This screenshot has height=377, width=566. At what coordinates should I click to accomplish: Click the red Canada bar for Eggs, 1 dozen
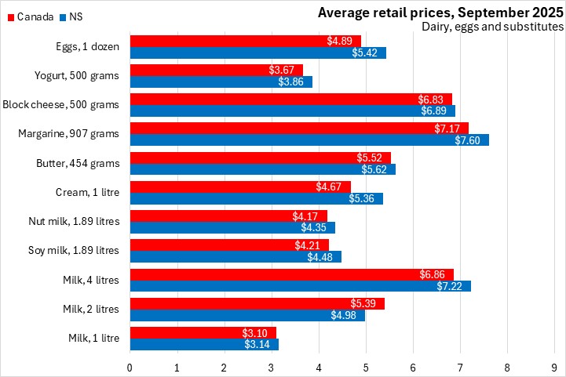[245, 41]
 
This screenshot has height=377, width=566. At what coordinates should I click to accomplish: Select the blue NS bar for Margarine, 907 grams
[309, 140]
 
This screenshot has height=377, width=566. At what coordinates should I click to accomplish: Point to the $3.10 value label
[260, 333]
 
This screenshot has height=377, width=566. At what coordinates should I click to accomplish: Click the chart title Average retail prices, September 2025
[440, 12]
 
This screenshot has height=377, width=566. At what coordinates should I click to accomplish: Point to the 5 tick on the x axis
[366, 367]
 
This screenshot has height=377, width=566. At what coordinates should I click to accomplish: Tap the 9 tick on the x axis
[555, 367]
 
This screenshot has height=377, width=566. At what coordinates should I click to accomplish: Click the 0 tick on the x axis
[130, 367]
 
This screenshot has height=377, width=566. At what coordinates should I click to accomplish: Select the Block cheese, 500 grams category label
[61, 104]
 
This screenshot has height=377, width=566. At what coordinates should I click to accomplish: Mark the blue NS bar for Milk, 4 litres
[300, 286]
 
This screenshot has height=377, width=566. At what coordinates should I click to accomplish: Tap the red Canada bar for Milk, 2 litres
[257, 303]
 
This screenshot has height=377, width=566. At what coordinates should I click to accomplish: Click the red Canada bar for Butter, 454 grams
[260, 158]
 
